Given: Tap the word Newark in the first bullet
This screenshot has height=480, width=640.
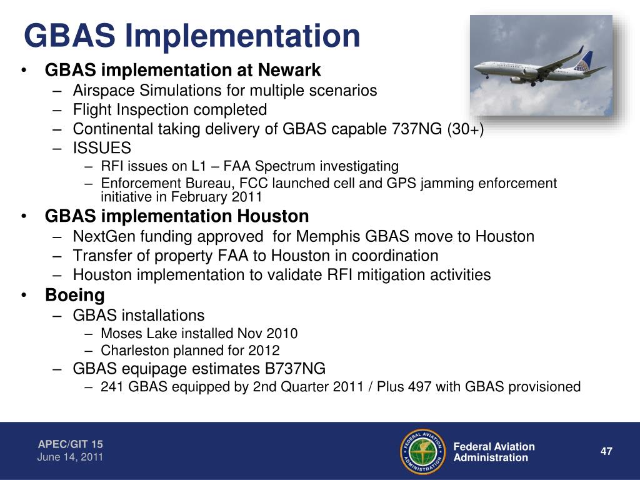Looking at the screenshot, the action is pyautogui.click(x=289, y=70).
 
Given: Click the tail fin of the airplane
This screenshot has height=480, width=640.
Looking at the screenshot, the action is pyautogui.click(x=584, y=61).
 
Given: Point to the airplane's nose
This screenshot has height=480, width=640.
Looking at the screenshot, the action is pyautogui.click(x=476, y=68).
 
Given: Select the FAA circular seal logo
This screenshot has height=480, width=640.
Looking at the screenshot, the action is pyautogui.click(x=423, y=451).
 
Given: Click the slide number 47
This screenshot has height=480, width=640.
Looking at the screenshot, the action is pyautogui.click(x=606, y=451).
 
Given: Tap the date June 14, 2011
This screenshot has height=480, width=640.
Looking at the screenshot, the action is pyautogui.click(x=70, y=457).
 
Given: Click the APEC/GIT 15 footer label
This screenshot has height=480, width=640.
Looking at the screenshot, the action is pyautogui.click(x=71, y=444).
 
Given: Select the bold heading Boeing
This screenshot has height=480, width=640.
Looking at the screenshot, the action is pyautogui.click(x=75, y=295).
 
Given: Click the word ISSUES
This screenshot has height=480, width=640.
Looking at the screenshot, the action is pyautogui.click(x=102, y=147).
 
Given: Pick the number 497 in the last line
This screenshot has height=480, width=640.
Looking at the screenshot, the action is pyautogui.click(x=419, y=386).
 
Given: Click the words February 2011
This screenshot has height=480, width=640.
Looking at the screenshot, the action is pyautogui.click(x=216, y=197).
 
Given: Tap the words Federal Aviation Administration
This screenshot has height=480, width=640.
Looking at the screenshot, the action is pyautogui.click(x=494, y=452).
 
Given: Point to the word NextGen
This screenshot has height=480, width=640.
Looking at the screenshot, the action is pyautogui.click(x=104, y=237).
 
